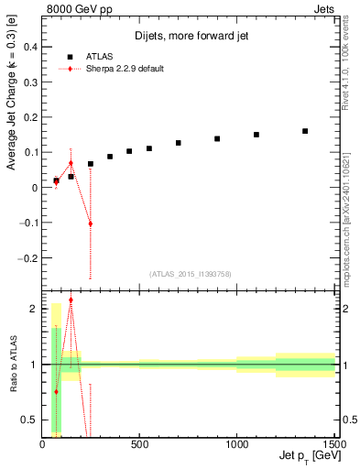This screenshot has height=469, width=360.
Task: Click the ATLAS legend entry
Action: pyautogui.click(x=93, y=54)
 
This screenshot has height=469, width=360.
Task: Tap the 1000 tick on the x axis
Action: pyautogui.click(x=236, y=445)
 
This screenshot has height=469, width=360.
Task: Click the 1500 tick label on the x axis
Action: pyautogui.click(x=333, y=445)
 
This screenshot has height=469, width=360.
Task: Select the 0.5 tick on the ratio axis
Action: pyautogui.click(x=30, y=420)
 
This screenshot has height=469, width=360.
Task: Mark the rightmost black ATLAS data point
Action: pyautogui.click(x=305, y=131)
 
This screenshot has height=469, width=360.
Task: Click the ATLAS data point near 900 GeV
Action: pyautogui.click(x=217, y=139)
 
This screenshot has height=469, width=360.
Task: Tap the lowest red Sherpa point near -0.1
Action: pyautogui.click(x=90, y=224)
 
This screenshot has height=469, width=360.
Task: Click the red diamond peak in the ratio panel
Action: pyautogui.click(x=71, y=300)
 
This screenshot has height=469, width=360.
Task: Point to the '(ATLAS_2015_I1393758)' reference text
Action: pyautogui.click(x=190, y=274)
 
